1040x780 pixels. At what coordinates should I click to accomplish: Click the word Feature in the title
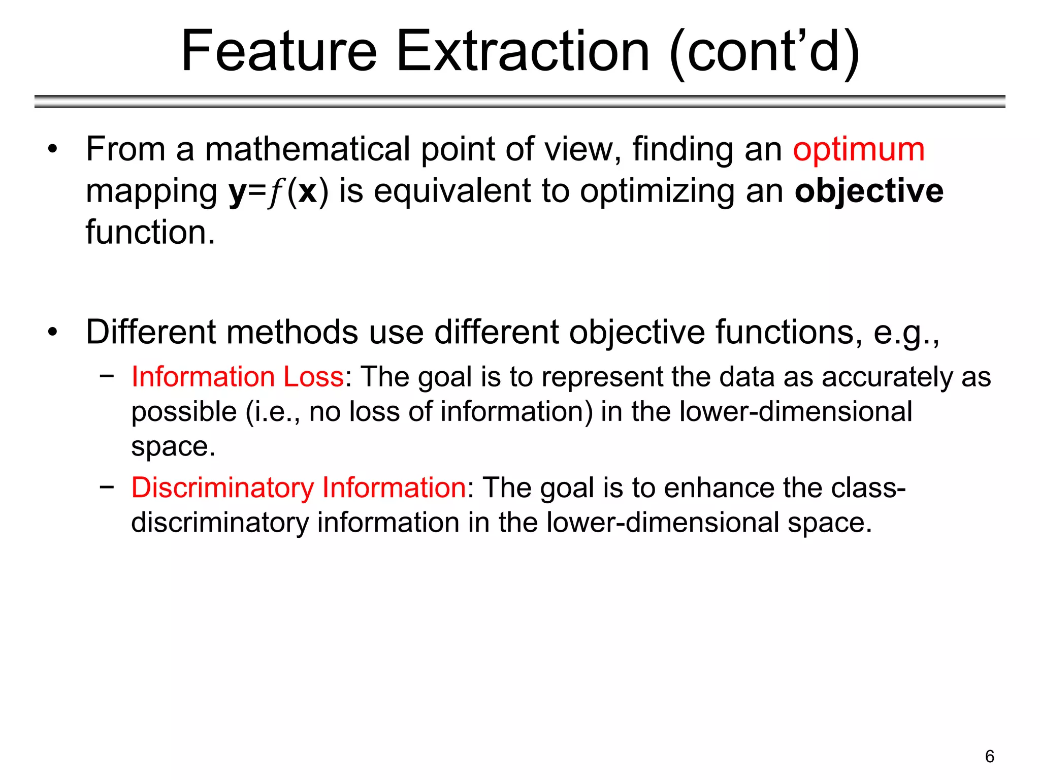(279, 51)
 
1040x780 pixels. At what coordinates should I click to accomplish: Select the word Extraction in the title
(523, 51)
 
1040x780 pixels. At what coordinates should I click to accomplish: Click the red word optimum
(859, 150)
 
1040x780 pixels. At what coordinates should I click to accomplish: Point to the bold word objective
(869, 191)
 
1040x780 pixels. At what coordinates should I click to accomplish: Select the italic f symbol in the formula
(276, 193)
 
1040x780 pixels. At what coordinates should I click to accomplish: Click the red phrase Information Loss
(238, 377)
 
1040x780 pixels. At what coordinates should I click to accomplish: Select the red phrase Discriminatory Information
(299, 487)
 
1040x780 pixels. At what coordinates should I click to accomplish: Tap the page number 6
(989, 756)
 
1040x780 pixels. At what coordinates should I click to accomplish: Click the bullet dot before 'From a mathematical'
(52, 150)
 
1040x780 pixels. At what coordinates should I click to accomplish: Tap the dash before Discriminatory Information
(107, 486)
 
